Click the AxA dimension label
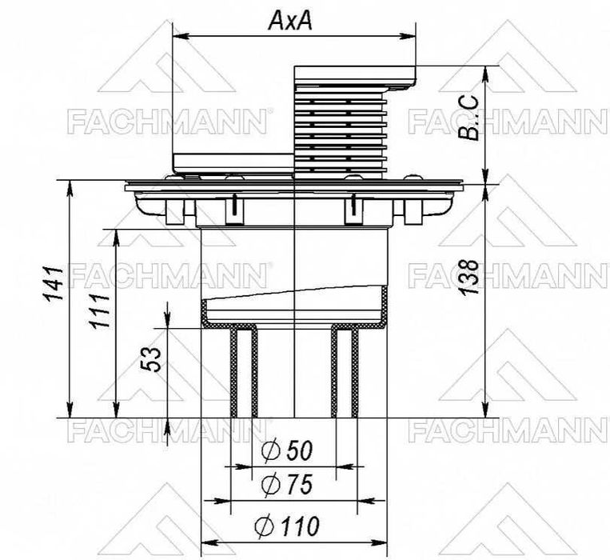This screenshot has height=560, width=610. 290,20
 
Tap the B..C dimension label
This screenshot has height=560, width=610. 468,118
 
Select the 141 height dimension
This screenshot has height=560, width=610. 54,283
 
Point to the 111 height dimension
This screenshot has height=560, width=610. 100,310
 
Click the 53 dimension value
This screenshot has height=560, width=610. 151,359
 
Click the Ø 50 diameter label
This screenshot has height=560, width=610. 287,450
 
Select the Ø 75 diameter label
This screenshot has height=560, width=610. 287,485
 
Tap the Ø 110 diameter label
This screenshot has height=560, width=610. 287,526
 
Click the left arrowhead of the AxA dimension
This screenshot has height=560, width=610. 181,36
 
